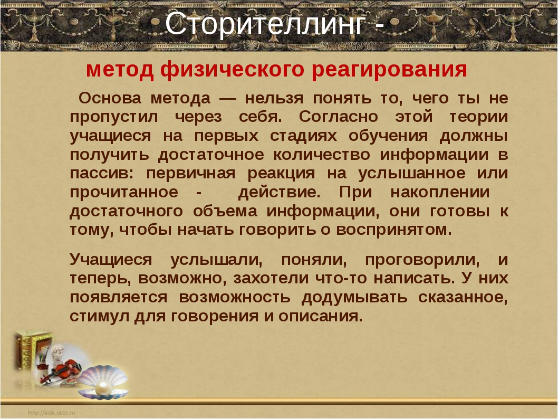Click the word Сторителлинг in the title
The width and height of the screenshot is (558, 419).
coord(265,24)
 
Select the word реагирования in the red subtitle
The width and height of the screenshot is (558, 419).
coord(389,70)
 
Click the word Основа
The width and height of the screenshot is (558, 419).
coord(110,98)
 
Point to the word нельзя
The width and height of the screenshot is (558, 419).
coord(274,98)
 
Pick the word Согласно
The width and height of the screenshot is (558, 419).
coord(338,117)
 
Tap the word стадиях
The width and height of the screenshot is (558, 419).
coord(303,136)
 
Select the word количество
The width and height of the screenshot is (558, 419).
coord(322,155)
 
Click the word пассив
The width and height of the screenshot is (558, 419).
coord(101,174)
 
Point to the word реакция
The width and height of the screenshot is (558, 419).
coord(281,174)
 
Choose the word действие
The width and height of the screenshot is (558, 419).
coord(280,193)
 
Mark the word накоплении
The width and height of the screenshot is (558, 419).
coord(440,193)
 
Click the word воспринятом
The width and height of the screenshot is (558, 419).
coord(394,230)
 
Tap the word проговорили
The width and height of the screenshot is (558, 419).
coord(422,260)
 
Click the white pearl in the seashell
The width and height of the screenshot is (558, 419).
coord(103,387)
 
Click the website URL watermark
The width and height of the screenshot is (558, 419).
coord(51,413)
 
